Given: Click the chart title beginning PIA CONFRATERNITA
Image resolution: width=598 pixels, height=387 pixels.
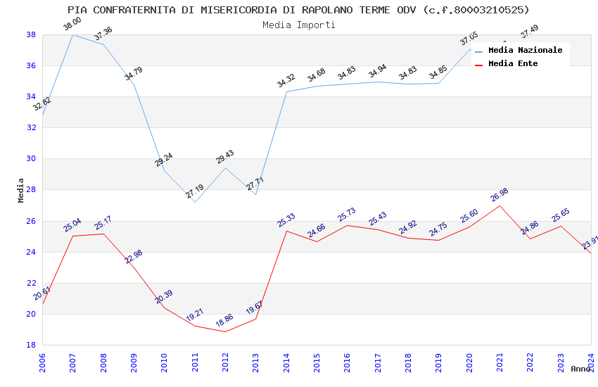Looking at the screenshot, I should pyautogui.click(x=298, y=10).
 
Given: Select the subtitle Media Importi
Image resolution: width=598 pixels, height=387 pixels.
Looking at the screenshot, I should pyautogui.click(x=298, y=25).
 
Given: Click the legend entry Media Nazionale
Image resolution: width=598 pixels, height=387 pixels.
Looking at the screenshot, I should pyautogui.click(x=525, y=51).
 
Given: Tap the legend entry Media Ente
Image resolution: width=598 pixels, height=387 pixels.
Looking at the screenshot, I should pyautogui.click(x=513, y=64).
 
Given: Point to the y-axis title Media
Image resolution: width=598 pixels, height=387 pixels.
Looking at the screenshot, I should pyautogui.click(x=21, y=190).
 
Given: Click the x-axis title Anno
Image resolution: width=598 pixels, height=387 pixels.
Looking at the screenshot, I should pyautogui.click(x=580, y=369).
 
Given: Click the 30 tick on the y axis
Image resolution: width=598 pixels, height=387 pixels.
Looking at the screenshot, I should pyautogui.click(x=32, y=159).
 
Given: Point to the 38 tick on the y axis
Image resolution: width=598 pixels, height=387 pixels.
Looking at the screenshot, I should pyautogui.click(x=32, y=34).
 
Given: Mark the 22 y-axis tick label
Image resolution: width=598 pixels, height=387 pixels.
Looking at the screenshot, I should pyautogui.click(x=32, y=283).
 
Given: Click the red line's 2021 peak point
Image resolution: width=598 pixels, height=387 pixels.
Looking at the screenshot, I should pyautogui.click(x=500, y=205).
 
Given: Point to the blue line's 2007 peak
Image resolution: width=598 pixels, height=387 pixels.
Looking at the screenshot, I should pyautogui.click(x=72, y=34).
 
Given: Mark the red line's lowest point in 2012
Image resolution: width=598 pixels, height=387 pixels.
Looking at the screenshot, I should pyautogui.click(x=225, y=331).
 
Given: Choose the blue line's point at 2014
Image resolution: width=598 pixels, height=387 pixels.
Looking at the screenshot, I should pyautogui.click(x=286, y=91).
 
